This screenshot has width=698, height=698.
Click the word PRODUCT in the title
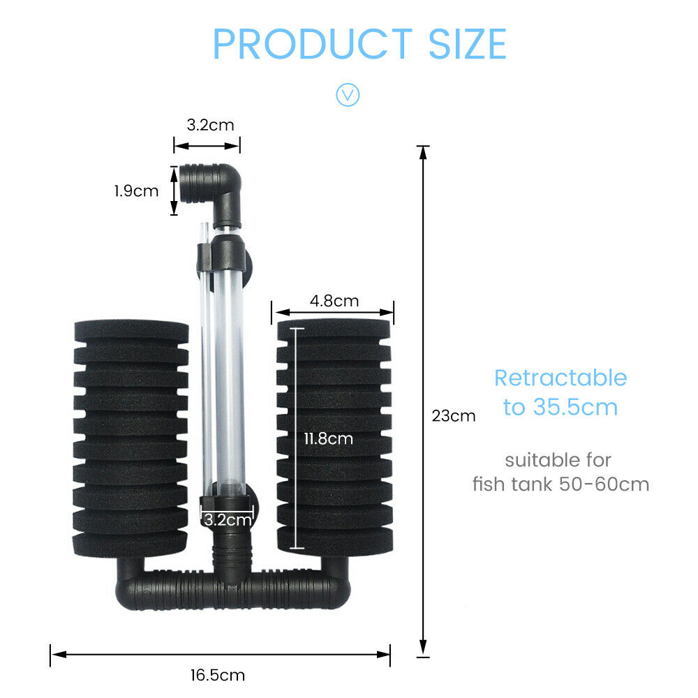(x=313, y=43)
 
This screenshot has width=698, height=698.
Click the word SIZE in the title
(x=468, y=43)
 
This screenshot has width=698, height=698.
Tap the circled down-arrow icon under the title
(x=348, y=94)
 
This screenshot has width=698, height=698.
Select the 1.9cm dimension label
(x=136, y=191)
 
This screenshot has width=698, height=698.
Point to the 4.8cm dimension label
(x=334, y=301)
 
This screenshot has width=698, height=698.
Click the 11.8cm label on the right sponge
(x=329, y=439)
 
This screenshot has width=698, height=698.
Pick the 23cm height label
(x=454, y=416)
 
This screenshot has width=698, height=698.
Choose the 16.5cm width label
(x=218, y=675)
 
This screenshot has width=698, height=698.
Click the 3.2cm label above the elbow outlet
(x=210, y=125)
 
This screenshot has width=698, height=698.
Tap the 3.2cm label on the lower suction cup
(x=228, y=520)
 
